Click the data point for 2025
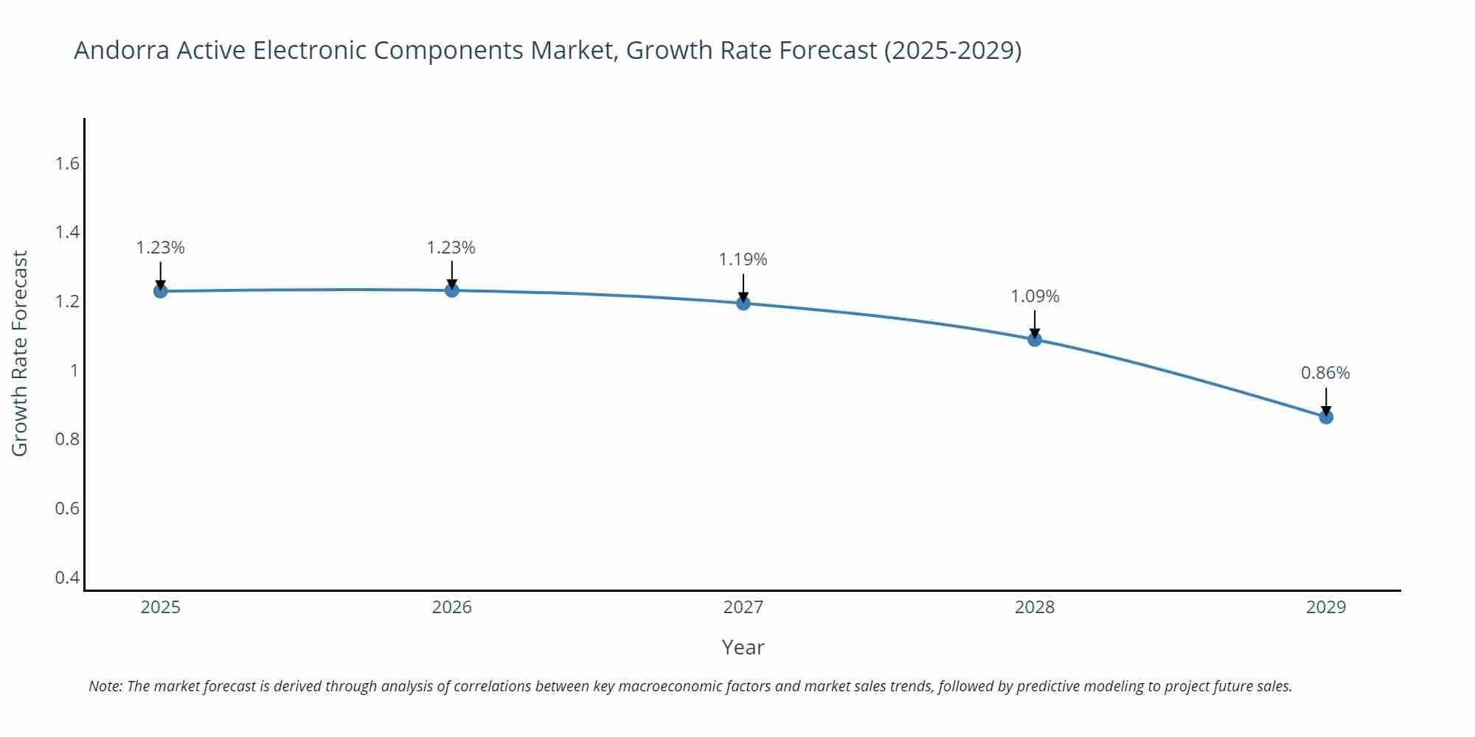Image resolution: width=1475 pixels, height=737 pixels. pyautogui.click(x=160, y=291)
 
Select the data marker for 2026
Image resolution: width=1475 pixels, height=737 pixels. pyautogui.click(x=452, y=290)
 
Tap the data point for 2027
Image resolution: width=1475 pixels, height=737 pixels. pyautogui.click(x=743, y=303)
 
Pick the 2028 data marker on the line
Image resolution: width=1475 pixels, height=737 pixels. pyautogui.click(x=1035, y=339)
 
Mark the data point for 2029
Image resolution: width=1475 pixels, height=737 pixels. pyautogui.click(x=1326, y=417)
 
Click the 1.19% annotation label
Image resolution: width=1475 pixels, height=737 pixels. pyautogui.click(x=743, y=259)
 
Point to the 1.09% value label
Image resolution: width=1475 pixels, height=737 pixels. pyautogui.click(x=1035, y=296)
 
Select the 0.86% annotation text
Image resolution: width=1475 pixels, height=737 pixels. pyautogui.click(x=1325, y=373)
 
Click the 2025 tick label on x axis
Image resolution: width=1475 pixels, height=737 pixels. pyautogui.click(x=160, y=607)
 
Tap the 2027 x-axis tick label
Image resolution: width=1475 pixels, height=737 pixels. pyautogui.click(x=743, y=607)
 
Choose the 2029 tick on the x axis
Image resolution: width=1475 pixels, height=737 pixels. pyautogui.click(x=1326, y=607)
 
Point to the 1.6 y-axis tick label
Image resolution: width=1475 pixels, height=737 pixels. pyautogui.click(x=67, y=164)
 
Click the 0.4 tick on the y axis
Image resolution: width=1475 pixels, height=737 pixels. pyautogui.click(x=67, y=577)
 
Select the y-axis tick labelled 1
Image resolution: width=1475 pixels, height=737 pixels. pyautogui.click(x=74, y=370)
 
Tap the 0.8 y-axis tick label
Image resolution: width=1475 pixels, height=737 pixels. pyautogui.click(x=67, y=439)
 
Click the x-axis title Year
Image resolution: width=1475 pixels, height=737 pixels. pyautogui.click(x=743, y=647)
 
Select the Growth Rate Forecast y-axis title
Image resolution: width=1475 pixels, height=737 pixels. pyautogui.click(x=20, y=354)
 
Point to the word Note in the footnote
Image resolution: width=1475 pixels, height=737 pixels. pyautogui.click(x=105, y=686)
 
